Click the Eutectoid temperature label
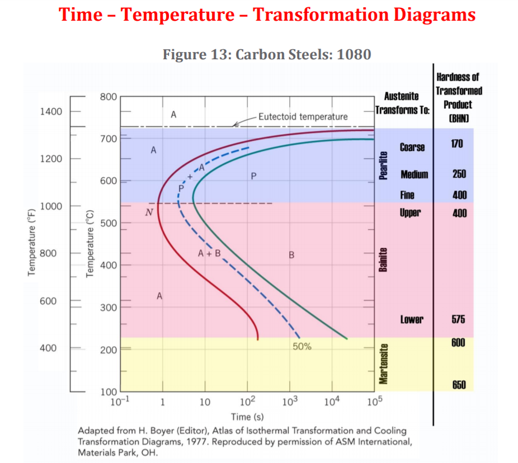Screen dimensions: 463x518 303,117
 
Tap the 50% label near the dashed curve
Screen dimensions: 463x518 302,347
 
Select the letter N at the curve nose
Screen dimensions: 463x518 148,212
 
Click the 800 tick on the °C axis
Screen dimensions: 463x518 108,97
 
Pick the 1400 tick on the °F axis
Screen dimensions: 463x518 51,112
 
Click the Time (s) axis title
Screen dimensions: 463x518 247,417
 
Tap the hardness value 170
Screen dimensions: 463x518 457,144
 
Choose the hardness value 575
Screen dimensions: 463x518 458,319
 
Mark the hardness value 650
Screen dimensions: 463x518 459,385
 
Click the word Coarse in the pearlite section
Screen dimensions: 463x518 412,147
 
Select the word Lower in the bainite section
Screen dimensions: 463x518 412,319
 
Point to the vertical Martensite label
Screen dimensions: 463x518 384,364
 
